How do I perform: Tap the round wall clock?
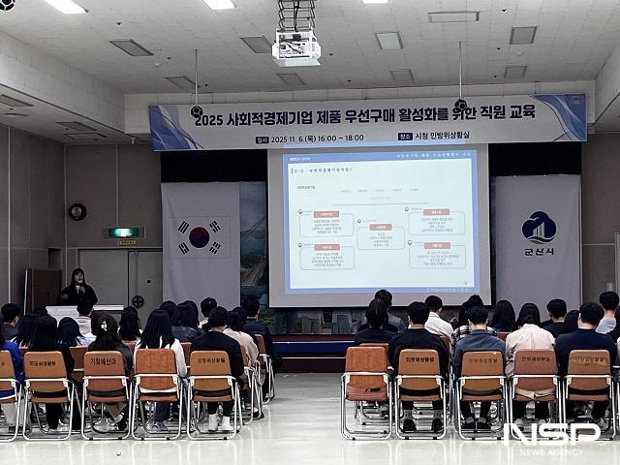[x=77, y=211]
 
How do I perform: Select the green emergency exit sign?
[x=123, y=232]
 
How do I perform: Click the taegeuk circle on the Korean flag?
[x=199, y=237]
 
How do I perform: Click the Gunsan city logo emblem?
[x=539, y=228]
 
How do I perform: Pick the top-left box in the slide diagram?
[x=325, y=223]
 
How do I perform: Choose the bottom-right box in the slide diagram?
[x=436, y=255]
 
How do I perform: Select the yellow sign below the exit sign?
[x=127, y=243]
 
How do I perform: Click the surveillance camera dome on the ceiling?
[x=7, y=5]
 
